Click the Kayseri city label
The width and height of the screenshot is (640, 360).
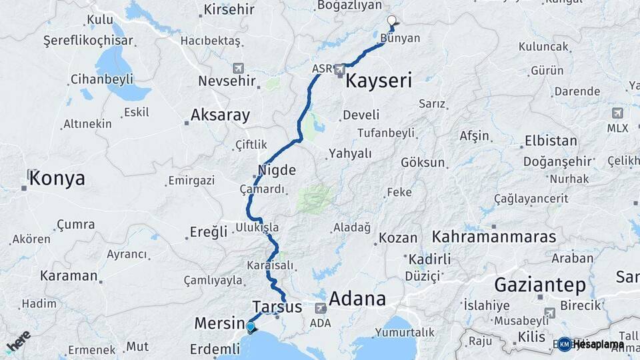(378, 81)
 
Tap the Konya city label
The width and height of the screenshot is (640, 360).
(57, 179)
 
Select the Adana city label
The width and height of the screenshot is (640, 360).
(357, 299)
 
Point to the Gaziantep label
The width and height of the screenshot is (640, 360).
(540, 286)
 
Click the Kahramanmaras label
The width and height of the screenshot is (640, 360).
(494, 237)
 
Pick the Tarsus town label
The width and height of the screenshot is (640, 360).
(277, 307)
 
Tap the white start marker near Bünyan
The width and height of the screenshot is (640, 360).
(391, 21)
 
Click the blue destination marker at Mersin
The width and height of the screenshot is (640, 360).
(250, 327)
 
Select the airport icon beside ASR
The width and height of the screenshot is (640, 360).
(340, 69)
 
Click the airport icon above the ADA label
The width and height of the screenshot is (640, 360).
(321, 308)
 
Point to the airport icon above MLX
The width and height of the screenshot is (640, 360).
(617, 113)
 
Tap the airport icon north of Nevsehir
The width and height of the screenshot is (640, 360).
(238, 68)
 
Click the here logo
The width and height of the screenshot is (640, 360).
(18, 341)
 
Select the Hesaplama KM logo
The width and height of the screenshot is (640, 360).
(590, 344)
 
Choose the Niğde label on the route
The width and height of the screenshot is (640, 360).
(277, 170)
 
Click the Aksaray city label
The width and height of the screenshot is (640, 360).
(220, 115)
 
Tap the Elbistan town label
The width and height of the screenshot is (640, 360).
(551, 141)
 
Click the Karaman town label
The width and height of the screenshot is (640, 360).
(69, 275)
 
